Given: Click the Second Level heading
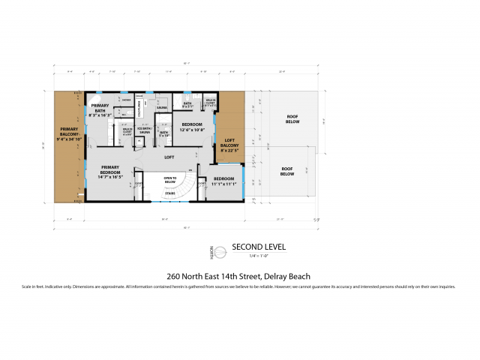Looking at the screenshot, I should pos(258,247).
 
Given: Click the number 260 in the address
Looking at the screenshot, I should pos(174,275).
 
